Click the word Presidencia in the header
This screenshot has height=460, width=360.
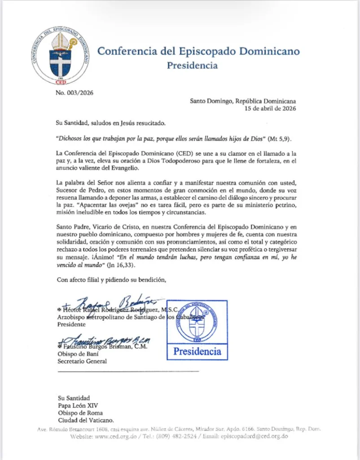[192, 66]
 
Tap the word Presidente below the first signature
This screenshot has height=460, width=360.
[71, 324]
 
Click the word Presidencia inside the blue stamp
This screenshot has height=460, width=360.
[197, 351]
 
